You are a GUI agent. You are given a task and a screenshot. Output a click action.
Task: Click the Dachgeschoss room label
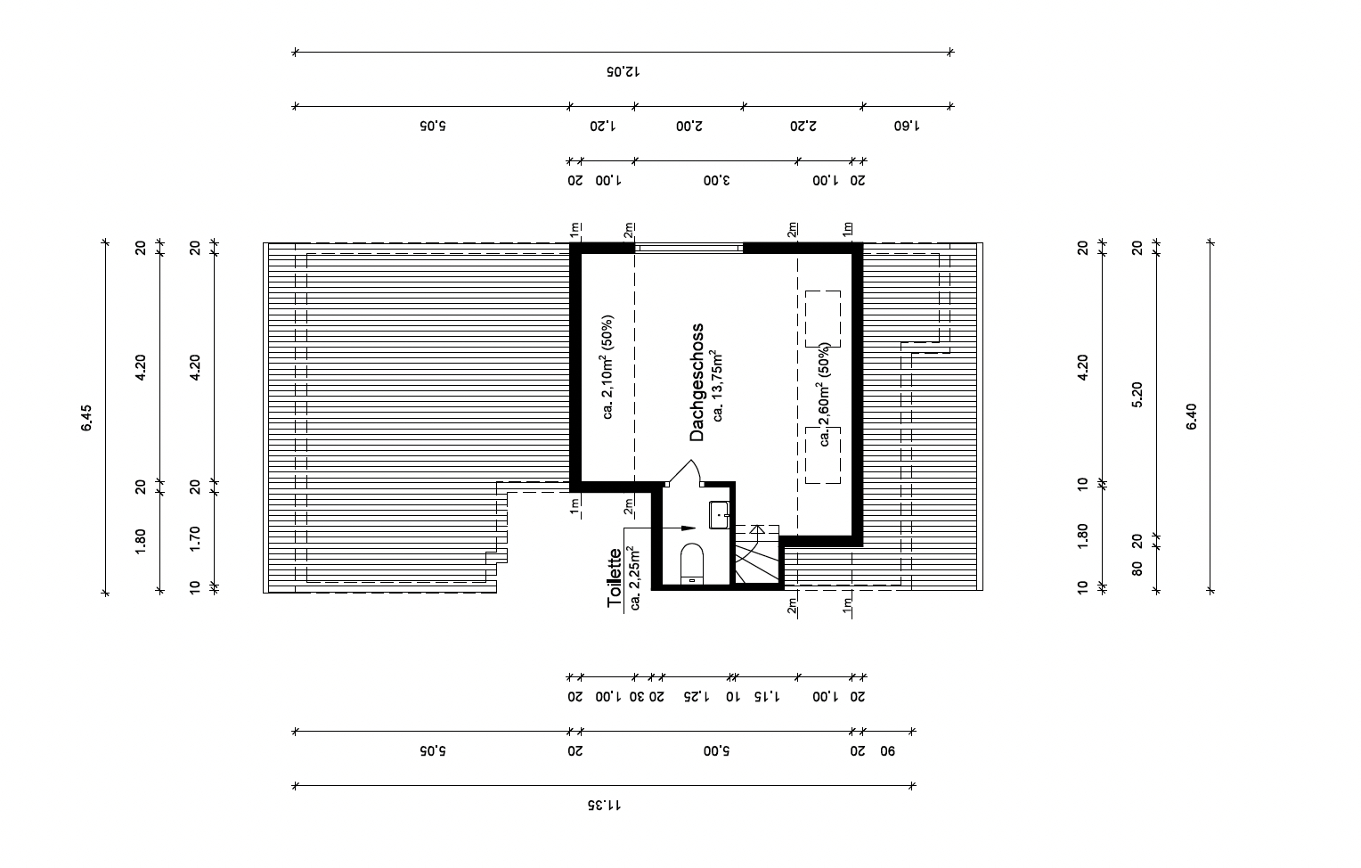coord(697,382)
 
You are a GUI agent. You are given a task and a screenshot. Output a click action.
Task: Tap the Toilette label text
coord(615,577)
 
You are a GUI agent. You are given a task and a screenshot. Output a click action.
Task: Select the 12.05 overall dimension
coord(623,71)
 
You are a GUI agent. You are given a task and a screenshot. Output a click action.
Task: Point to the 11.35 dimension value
coord(604,806)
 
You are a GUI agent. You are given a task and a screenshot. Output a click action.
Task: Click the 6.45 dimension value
coord(86,418)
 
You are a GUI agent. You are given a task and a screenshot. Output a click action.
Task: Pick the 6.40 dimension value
coord(1191,416)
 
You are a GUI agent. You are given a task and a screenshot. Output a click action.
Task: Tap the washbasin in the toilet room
coord(719,515)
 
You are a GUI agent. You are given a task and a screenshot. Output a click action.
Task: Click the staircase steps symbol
coord(757,555)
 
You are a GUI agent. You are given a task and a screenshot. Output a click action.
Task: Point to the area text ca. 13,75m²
coord(718,385)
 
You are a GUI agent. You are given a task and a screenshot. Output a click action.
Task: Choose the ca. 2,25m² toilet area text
coord(634,578)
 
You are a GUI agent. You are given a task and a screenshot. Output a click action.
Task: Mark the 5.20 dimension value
coord(1137,395)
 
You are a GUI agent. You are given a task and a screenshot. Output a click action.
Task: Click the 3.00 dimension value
coord(717,181)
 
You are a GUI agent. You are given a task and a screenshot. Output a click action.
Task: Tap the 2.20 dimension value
coord(803,126)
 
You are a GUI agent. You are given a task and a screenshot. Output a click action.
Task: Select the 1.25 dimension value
coord(697,696)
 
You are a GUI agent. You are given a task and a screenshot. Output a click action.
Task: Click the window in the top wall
coord(689,248)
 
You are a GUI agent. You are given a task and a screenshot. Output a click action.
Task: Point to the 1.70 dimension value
coord(194,539)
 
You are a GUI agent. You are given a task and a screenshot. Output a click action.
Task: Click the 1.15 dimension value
coord(767,696)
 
